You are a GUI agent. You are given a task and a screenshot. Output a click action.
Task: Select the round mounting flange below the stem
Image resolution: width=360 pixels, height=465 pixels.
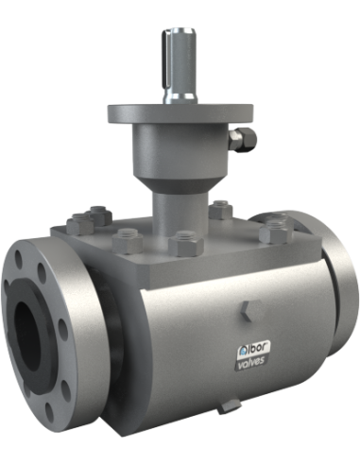tap(180, 114)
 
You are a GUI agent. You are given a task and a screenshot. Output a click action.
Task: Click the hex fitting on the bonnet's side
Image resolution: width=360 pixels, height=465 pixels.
tap(243, 139)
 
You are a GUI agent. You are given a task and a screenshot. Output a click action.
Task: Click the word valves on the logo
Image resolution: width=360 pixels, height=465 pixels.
tap(251, 361)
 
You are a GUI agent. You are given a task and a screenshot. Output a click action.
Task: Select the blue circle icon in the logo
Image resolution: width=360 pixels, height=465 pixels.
tap(242, 350)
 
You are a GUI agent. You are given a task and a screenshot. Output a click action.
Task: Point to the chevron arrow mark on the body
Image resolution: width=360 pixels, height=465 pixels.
tap(246, 311)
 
